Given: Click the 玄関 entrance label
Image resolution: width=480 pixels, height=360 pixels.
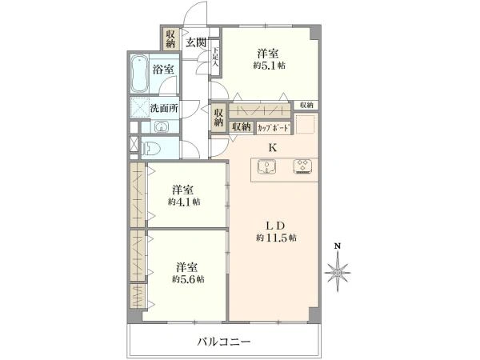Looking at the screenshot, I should [x=196, y=42].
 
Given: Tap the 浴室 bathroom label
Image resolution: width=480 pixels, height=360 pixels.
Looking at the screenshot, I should [x=164, y=70].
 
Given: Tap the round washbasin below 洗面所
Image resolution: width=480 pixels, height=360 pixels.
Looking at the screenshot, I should [x=161, y=126].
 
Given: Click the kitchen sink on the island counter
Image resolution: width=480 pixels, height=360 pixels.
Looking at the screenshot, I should [x=266, y=167].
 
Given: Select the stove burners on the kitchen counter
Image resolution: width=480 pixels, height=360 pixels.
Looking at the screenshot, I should [x=302, y=167].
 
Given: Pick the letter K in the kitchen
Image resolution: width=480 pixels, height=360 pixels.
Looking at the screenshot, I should [x=272, y=147].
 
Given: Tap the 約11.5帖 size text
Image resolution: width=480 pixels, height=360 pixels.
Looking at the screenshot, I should [x=277, y=238].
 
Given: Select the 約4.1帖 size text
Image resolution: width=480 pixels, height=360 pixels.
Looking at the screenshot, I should [x=184, y=202].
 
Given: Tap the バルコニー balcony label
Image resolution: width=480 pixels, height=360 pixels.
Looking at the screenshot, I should [x=225, y=342].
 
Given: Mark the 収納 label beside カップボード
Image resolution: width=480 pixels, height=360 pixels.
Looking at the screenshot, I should [x=241, y=126].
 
